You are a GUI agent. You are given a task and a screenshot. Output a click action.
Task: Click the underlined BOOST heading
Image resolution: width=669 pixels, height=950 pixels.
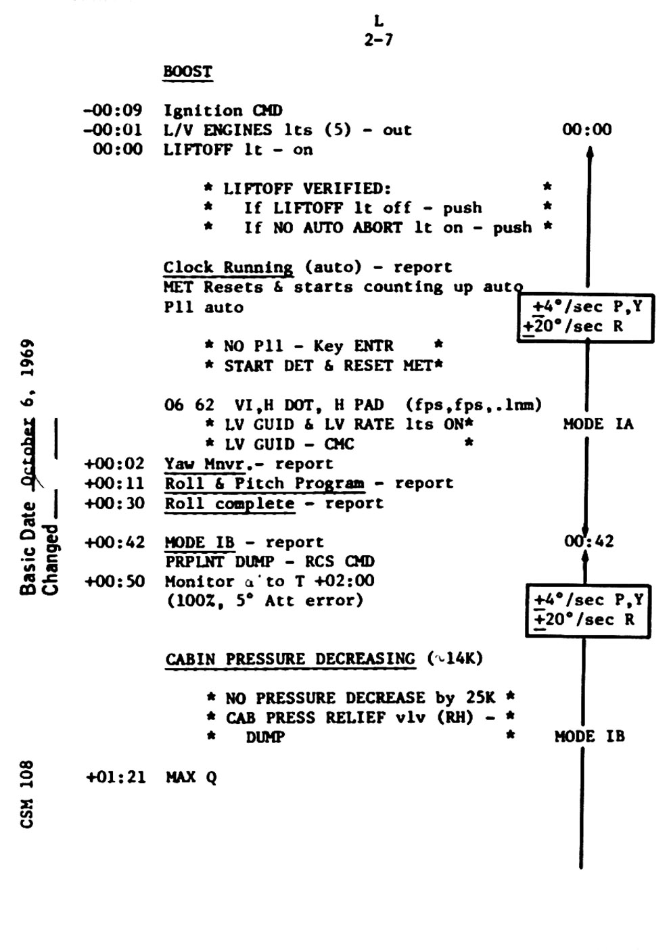(187, 72)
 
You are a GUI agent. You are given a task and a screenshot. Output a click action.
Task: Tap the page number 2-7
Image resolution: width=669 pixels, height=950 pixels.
(378, 40)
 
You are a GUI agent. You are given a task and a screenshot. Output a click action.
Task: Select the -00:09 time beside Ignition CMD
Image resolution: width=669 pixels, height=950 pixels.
(112, 111)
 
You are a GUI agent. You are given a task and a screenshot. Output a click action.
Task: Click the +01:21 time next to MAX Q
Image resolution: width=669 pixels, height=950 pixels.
(115, 778)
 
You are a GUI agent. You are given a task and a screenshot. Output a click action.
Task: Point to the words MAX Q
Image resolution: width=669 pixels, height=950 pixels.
(191, 778)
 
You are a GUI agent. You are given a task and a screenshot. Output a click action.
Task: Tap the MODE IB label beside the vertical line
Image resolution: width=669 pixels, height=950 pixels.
(589, 736)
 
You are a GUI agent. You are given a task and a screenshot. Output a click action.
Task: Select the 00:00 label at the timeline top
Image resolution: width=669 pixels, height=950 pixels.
(586, 130)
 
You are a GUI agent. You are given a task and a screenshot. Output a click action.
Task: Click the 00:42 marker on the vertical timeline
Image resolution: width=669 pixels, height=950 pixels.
(589, 542)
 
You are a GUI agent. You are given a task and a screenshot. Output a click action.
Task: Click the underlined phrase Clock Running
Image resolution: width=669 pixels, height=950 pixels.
(228, 268)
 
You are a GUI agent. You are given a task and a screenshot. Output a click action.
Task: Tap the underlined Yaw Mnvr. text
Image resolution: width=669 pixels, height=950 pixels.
(204, 465)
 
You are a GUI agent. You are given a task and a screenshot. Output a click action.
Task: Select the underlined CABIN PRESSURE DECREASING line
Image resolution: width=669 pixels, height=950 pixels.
(290, 659)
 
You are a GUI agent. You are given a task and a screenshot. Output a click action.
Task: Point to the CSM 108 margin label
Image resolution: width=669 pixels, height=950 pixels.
(27, 794)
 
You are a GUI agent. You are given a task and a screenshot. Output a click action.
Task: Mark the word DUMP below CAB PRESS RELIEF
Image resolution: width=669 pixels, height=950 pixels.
(264, 737)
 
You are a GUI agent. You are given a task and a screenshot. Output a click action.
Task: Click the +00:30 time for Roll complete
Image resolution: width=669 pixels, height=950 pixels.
(114, 504)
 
